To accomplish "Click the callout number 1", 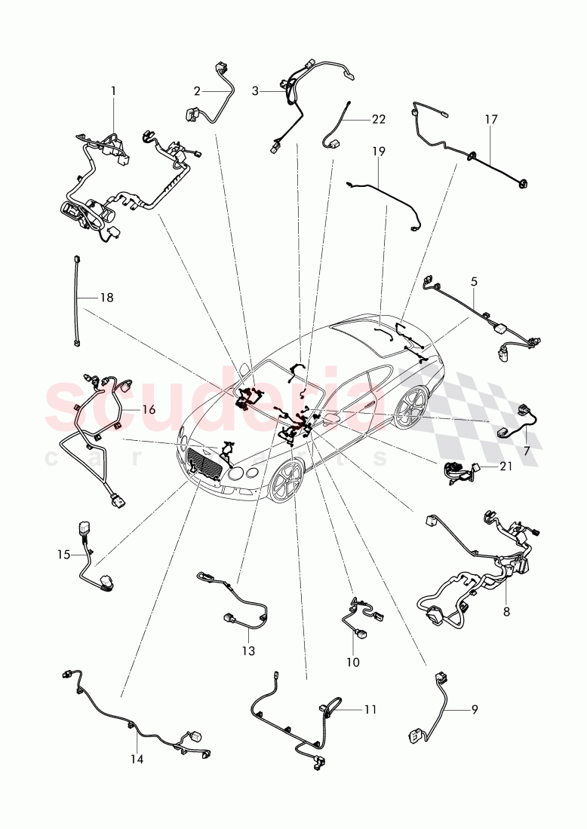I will (x=113, y=90).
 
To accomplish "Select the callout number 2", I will (x=197, y=91).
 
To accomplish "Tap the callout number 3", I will (x=255, y=91).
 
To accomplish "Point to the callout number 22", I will (x=378, y=119).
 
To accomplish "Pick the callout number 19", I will (x=378, y=151).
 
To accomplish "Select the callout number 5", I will (x=474, y=281).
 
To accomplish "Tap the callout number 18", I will (x=106, y=298).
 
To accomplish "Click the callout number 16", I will (x=148, y=409).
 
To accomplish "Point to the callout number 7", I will (x=527, y=450).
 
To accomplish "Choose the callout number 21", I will (x=505, y=467).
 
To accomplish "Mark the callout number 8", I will (x=506, y=612).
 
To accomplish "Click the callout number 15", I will (x=63, y=555).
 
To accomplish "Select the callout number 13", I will (x=248, y=650).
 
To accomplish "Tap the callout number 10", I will (x=352, y=662).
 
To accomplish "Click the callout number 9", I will (x=474, y=708).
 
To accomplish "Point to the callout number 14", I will (x=136, y=759).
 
